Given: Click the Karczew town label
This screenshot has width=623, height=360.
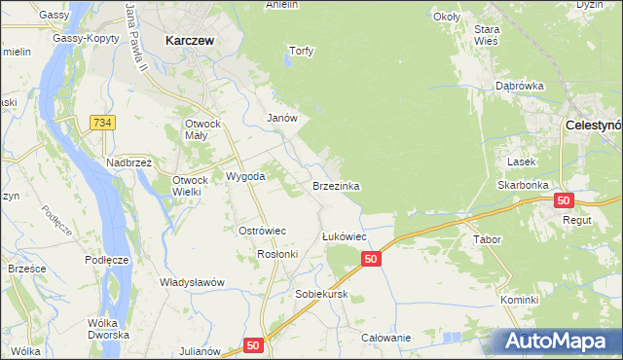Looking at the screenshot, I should click(x=190, y=42).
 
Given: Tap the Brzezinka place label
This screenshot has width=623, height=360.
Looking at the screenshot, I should click(x=337, y=185).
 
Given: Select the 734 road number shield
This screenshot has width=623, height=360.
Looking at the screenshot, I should click(x=101, y=122).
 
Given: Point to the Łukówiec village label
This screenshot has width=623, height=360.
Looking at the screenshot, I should click(x=344, y=236).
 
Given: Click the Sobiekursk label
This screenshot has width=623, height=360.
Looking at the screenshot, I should click(x=321, y=293).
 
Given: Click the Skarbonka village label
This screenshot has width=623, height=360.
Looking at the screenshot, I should click(x=523, y=184).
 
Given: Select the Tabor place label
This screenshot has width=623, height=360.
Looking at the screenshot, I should click(x=487, y=239).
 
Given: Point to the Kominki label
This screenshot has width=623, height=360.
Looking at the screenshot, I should click(x=520, y=300).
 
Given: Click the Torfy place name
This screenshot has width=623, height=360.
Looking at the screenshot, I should click(x=302, y=51).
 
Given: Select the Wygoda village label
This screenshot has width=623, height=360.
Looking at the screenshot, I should click(x=245, y=177).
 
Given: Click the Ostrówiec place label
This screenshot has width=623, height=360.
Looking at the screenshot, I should click(x=262, y=231).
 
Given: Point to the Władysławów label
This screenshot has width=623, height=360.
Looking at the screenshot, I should click(x=192, y=282).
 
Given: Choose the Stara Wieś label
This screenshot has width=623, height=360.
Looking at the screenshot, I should click(x=487, y=35).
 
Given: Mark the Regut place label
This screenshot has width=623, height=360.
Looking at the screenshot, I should click(x=591, y=221).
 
